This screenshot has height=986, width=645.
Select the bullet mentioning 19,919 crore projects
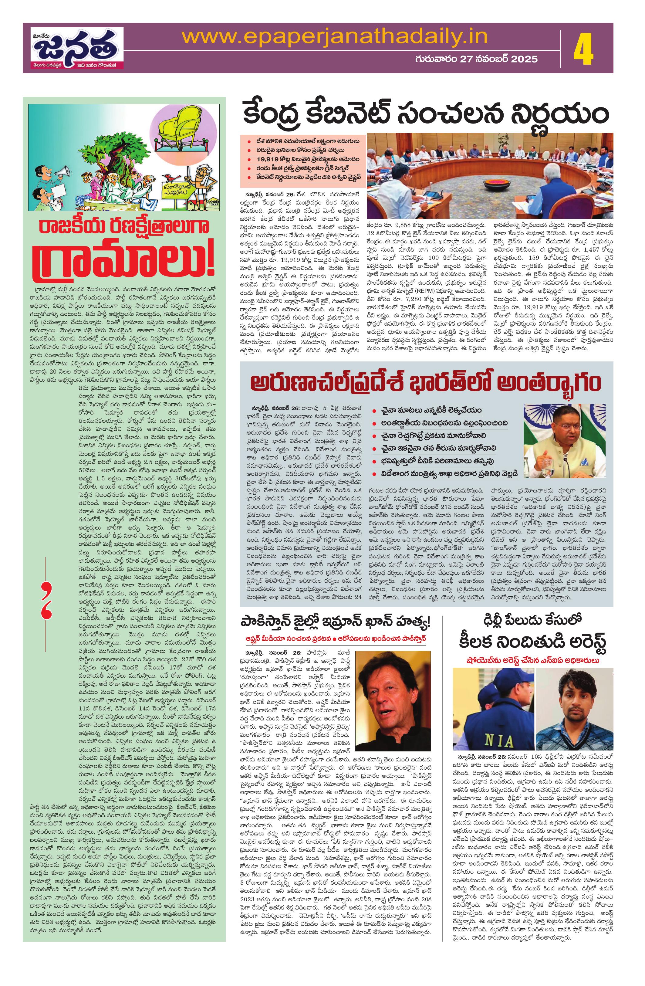click(x=302, y=159)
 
